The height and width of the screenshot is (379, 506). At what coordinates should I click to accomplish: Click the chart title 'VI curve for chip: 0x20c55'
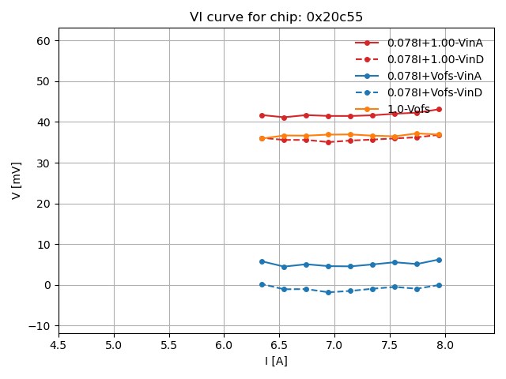pyautogui.click(x=276, y=17)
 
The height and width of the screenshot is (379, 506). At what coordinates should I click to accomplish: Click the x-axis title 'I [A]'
pyautogui.click(x=276, y=361)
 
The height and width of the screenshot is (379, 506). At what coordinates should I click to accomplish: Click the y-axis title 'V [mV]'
pyautogui.click(x=17, y=181)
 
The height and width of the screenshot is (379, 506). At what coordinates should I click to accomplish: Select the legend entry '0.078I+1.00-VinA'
pyautogui.click(x=435, y=43)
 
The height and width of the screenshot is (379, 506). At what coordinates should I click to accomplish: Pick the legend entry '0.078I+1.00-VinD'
pyautogui.click(x=435, y=59)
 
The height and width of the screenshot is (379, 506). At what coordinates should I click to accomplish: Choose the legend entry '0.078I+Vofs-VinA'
pyautogui.click(x=434, y=76)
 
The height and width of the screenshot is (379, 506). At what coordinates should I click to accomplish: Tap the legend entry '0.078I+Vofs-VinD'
pyautogui.click(x=434, y=92)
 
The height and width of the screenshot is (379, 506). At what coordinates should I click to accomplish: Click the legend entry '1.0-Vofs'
pyautogui.click(x=409, y=109)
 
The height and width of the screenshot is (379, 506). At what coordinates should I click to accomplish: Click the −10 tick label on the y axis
pyautogui.click(x=40, y=326)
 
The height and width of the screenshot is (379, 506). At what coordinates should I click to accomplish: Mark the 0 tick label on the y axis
pyautogui.click(x=47, y=285)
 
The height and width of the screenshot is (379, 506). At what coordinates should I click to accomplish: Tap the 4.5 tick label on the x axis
pyautogui.click(x=59, y=345)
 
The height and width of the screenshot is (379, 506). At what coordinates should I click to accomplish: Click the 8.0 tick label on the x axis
pyautogui.click(x=445, y=345)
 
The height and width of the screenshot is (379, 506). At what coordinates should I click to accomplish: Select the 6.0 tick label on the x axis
pyautogui.click(x=224, y=345)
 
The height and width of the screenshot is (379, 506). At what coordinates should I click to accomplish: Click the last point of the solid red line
pyautogui.click(x=439, y=110)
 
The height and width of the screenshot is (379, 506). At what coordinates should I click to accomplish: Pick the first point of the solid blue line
pyautogui.click(x=262, y=261)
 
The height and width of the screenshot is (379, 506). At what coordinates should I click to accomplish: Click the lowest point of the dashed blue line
pyautogui.click(x=328, y=292)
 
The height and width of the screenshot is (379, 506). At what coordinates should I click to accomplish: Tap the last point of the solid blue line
pyautogui.click(x=439, y=260)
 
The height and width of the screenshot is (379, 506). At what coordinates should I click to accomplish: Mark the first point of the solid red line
pyautogui.click(x=262, y=115)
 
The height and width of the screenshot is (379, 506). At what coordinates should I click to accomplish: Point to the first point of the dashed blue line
pyautogui.click(x=262, y=284)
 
